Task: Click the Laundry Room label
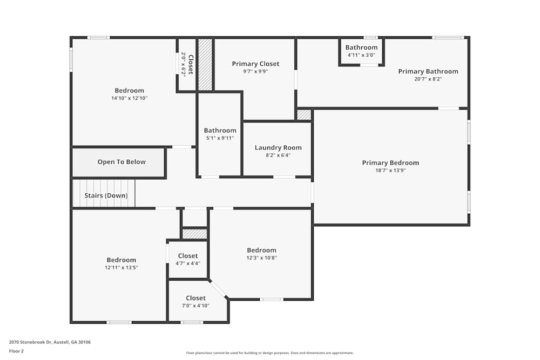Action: [278, 148]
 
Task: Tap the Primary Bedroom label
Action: [390, 163]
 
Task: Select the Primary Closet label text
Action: [255, 64]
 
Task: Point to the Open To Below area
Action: [122, 162]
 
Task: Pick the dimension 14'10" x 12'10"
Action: [129, 98]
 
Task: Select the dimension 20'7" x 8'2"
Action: [428, 79]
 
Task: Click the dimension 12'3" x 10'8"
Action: [261, 257]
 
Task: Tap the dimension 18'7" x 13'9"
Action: [390, 171]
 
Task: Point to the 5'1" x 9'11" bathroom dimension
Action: [220, 138]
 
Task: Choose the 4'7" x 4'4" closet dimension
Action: [187, 263]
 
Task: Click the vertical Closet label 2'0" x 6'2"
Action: [186, 64]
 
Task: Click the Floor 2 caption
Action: [16, 351]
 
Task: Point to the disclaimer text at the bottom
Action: [271, 353]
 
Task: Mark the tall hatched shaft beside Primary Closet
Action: [205, 64]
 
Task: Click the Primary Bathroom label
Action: [428, 71]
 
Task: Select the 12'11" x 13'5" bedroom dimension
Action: [121, 267]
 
